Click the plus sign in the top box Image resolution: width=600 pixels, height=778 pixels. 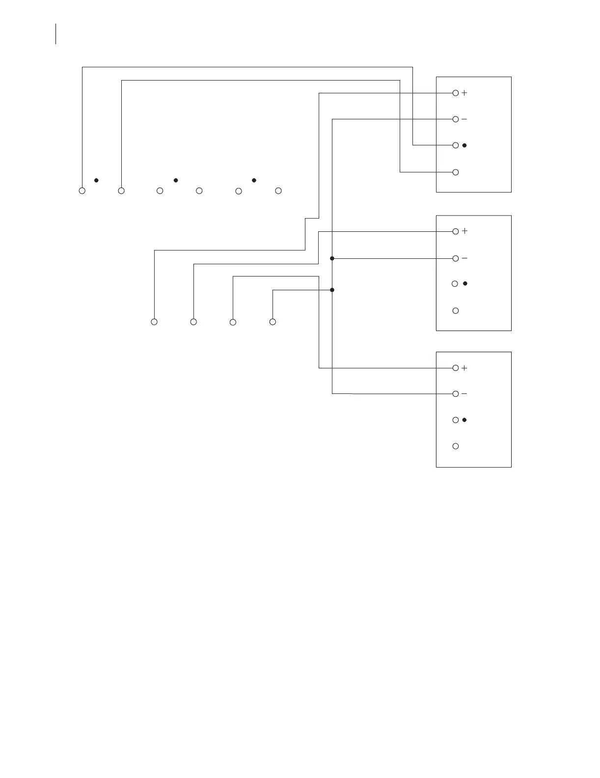tap(464, 93)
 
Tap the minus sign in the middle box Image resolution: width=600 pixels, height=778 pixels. tap(464, 258)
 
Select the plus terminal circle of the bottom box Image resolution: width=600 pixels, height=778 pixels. tap(456, 368)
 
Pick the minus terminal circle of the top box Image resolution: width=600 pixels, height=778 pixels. tap(456, 119)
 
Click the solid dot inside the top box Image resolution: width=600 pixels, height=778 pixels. tap(464, 145)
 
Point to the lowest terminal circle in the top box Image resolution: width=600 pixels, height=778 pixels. tap(456, 172)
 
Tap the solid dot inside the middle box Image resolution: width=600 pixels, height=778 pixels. tap(465, 283)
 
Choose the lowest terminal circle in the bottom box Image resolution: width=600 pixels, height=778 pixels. tap(456, 446)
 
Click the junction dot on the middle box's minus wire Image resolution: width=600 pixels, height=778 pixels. tap(332, 258)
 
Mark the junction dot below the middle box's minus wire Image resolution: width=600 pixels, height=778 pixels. tap(332, 290)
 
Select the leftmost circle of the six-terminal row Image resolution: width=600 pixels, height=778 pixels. tap(82, 191)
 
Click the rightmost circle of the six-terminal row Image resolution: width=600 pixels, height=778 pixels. tap(278, 191)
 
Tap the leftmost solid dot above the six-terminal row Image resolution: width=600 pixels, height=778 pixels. tap(97, 180)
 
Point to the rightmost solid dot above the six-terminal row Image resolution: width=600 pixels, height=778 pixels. tap(254, 180)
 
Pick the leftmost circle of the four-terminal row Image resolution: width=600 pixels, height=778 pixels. tap(154, 322)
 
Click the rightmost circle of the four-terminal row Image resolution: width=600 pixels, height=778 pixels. tap(273, 322)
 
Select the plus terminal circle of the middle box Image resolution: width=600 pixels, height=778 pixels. tap(456, 231)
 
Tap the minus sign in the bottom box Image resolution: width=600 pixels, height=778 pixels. tap(464, 394)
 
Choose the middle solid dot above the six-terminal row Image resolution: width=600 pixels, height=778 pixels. tap(176, 180)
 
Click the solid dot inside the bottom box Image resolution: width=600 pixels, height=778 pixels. tap(464, 420)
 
